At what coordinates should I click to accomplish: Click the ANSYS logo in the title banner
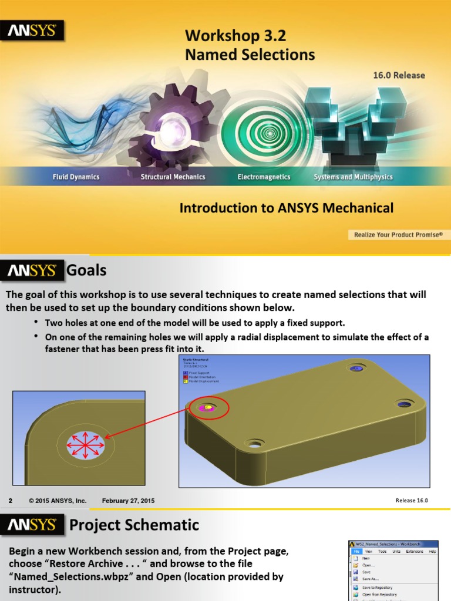tap(32, 30)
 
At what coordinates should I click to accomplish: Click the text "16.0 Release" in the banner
tap(399, 75)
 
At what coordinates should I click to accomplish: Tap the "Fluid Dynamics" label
tap(76, 177)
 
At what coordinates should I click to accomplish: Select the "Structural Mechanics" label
tap(173, 177)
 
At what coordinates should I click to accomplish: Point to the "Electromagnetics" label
tap(264, 177)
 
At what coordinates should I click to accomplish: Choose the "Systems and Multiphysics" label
tap(353, 177)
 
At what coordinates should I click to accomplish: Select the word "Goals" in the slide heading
tap(86, 270)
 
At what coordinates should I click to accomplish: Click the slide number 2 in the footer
tap(10, 501)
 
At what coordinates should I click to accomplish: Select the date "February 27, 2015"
tap(129, 501)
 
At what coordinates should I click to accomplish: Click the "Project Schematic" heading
tap(134, 525)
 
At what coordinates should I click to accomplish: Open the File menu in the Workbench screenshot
tap(356, 552)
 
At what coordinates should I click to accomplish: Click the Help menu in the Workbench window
tap(432, 552)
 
